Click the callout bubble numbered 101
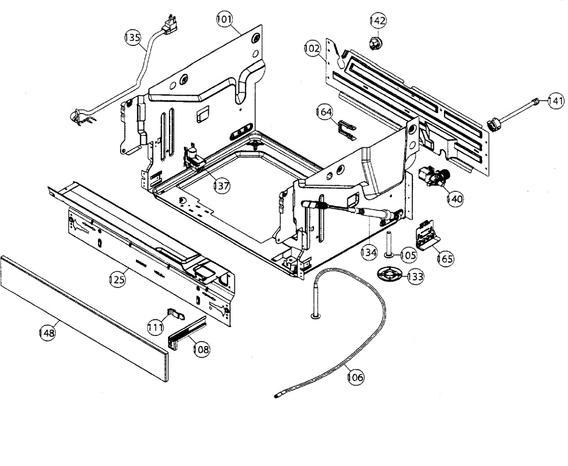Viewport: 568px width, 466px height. click(225, 20)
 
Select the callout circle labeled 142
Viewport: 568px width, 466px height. click(378, 21)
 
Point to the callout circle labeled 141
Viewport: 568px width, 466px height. click(556, 100)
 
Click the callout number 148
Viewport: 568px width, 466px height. click(47, 333)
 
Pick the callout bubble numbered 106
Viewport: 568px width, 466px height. click(355, 377)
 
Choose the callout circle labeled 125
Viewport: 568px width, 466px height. click(117, 279)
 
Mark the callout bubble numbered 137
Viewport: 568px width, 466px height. click(221, 185)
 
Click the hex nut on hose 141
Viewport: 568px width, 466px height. click(494, 124)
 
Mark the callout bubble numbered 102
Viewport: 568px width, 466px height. click(312, 48)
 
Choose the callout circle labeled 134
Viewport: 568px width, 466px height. click(369, 252)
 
